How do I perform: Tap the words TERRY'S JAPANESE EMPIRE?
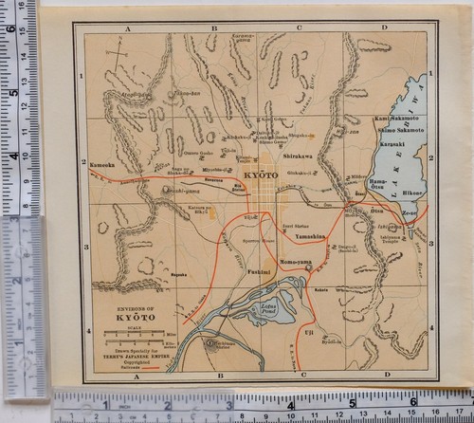coord(138,354)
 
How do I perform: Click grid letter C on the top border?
coord(299,28)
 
